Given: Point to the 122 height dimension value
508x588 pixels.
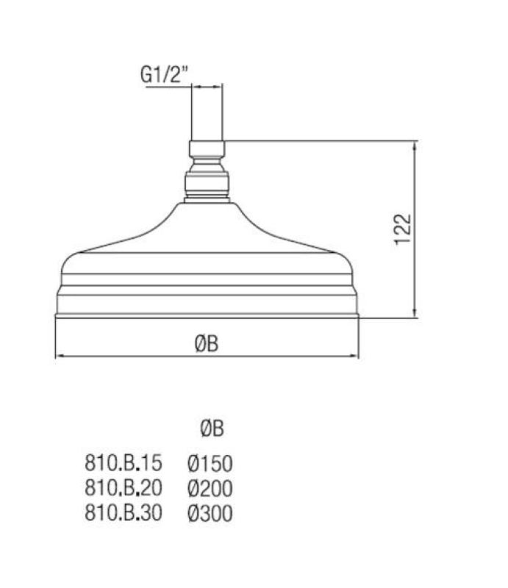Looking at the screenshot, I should [x=404, y=229].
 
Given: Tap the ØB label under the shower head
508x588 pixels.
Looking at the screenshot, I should [x=207, y=343].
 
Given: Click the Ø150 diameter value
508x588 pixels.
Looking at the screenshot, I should [x=210, y=464].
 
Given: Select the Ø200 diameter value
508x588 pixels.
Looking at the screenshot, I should [x=210, y=488].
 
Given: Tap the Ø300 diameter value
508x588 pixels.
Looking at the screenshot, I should [x=210, y=513].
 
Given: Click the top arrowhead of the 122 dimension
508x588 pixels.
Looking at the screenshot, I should [x=416, y=146].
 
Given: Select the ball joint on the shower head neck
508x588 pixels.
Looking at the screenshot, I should [x=207, y=184].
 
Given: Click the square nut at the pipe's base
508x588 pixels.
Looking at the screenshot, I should [x=207, y=150].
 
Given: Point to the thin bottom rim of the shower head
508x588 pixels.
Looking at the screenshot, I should [x=207, y=317].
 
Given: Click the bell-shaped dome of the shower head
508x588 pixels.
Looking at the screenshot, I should [x=207, y=235].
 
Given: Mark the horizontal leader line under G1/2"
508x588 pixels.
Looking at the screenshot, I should [x=169, y=87].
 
